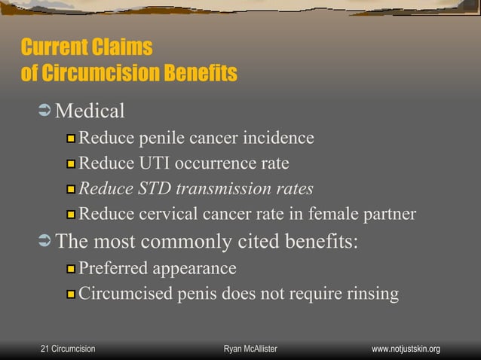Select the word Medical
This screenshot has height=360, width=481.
point(90,111)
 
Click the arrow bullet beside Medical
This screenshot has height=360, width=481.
point(43,111)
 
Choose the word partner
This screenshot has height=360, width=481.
point(388,214)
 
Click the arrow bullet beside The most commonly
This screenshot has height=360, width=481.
point(43,242)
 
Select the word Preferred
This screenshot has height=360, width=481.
point(113,268)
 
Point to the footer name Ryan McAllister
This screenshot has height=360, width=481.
point(251,349)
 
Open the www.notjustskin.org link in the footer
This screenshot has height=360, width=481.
point(406,349)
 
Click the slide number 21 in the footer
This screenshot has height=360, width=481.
point(44,349)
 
